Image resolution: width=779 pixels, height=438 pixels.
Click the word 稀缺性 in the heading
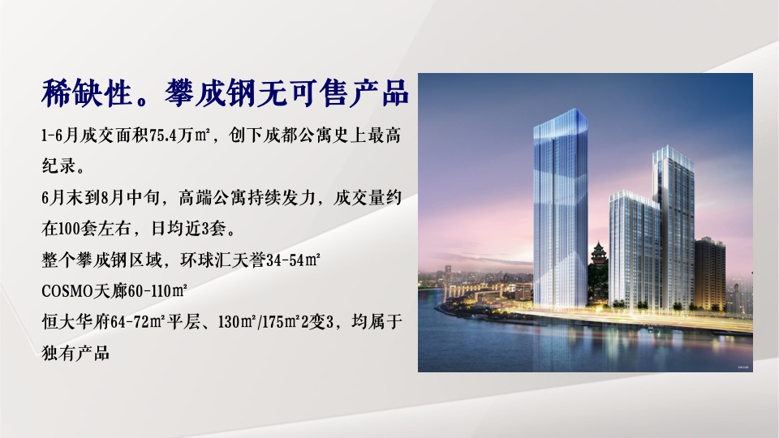tap(87, 92)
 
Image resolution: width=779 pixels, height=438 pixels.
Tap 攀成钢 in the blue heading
tap(210, 92)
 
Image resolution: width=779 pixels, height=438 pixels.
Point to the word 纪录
tap(59, 165)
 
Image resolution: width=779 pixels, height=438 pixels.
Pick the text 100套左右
tap(93, 229)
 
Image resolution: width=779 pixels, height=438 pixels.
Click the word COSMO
tap(67, 291)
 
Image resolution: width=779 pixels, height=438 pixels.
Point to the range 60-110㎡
tap(157, 291)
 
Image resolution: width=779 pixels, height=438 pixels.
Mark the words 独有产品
tap(75, 353)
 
